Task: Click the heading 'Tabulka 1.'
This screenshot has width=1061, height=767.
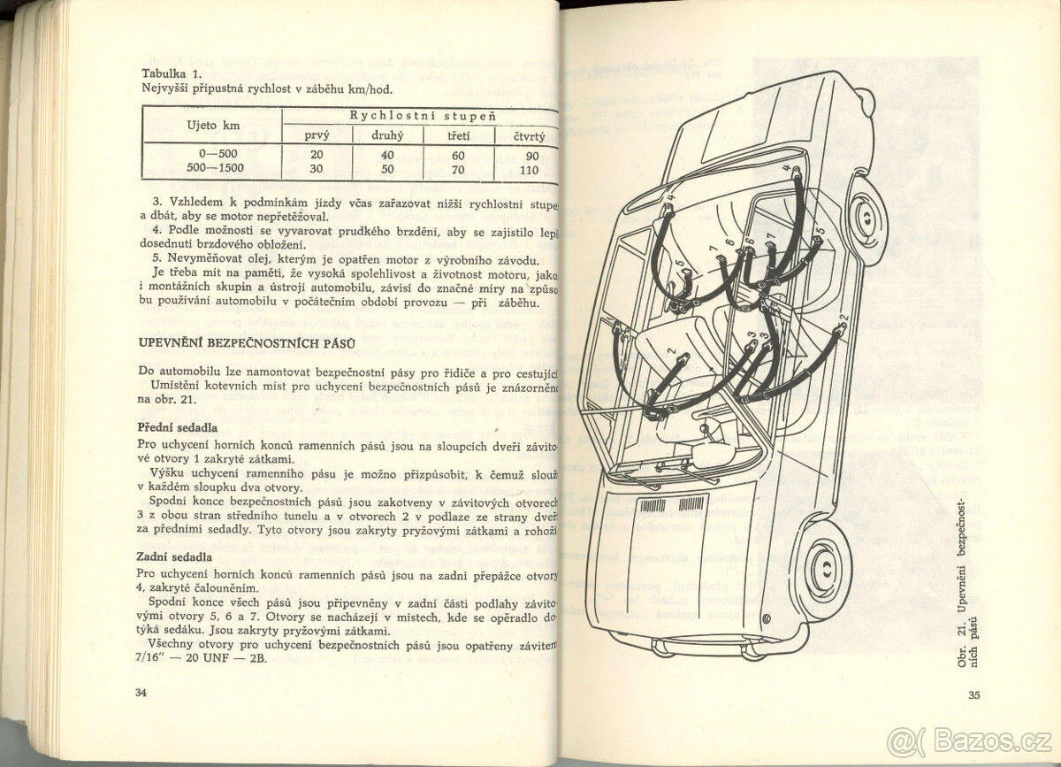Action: (176, 74)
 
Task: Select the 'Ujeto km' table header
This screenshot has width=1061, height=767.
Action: (213, 125)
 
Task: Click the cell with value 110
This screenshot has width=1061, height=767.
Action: (530, 170)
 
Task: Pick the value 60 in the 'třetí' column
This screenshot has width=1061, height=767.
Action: (458, 155)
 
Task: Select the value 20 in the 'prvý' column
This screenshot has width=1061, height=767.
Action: (317, 155)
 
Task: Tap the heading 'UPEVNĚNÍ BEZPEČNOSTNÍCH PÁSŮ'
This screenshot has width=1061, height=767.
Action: (247, 341)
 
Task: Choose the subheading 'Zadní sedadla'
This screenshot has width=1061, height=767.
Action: (174, 556)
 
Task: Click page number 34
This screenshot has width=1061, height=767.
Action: (141, 693)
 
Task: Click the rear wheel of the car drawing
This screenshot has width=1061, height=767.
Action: (864, 213)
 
